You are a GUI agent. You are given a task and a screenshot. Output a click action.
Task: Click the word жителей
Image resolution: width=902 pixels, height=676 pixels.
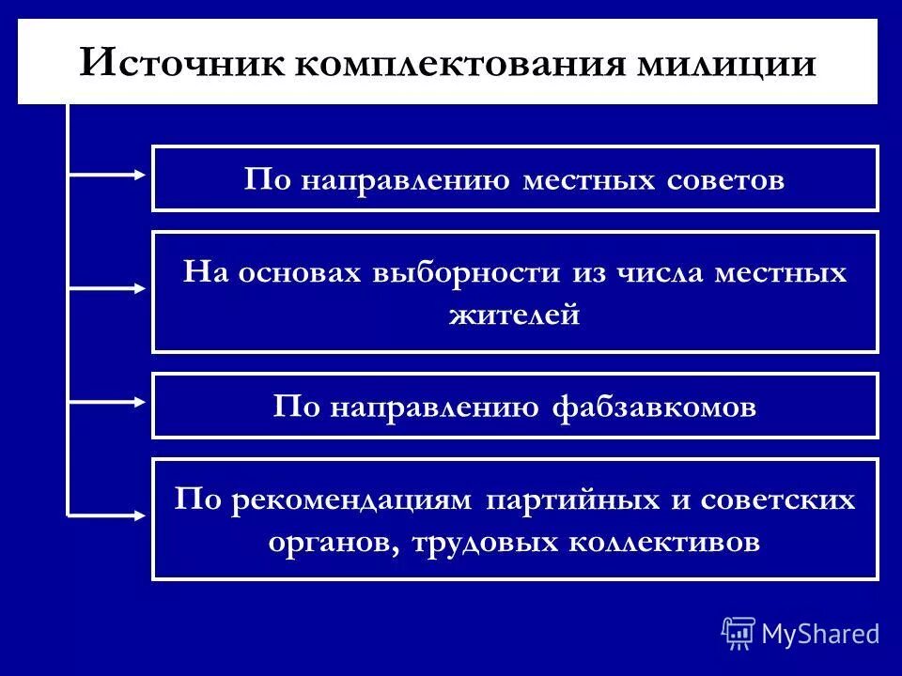pyautogui.click(x=515, y=315)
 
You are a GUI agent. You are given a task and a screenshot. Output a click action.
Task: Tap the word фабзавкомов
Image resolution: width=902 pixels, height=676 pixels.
pyautogui.click(x=651, y=407)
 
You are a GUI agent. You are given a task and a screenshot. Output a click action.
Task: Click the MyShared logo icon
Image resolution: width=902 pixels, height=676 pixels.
pyautogui.click(x=739, y=633)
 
